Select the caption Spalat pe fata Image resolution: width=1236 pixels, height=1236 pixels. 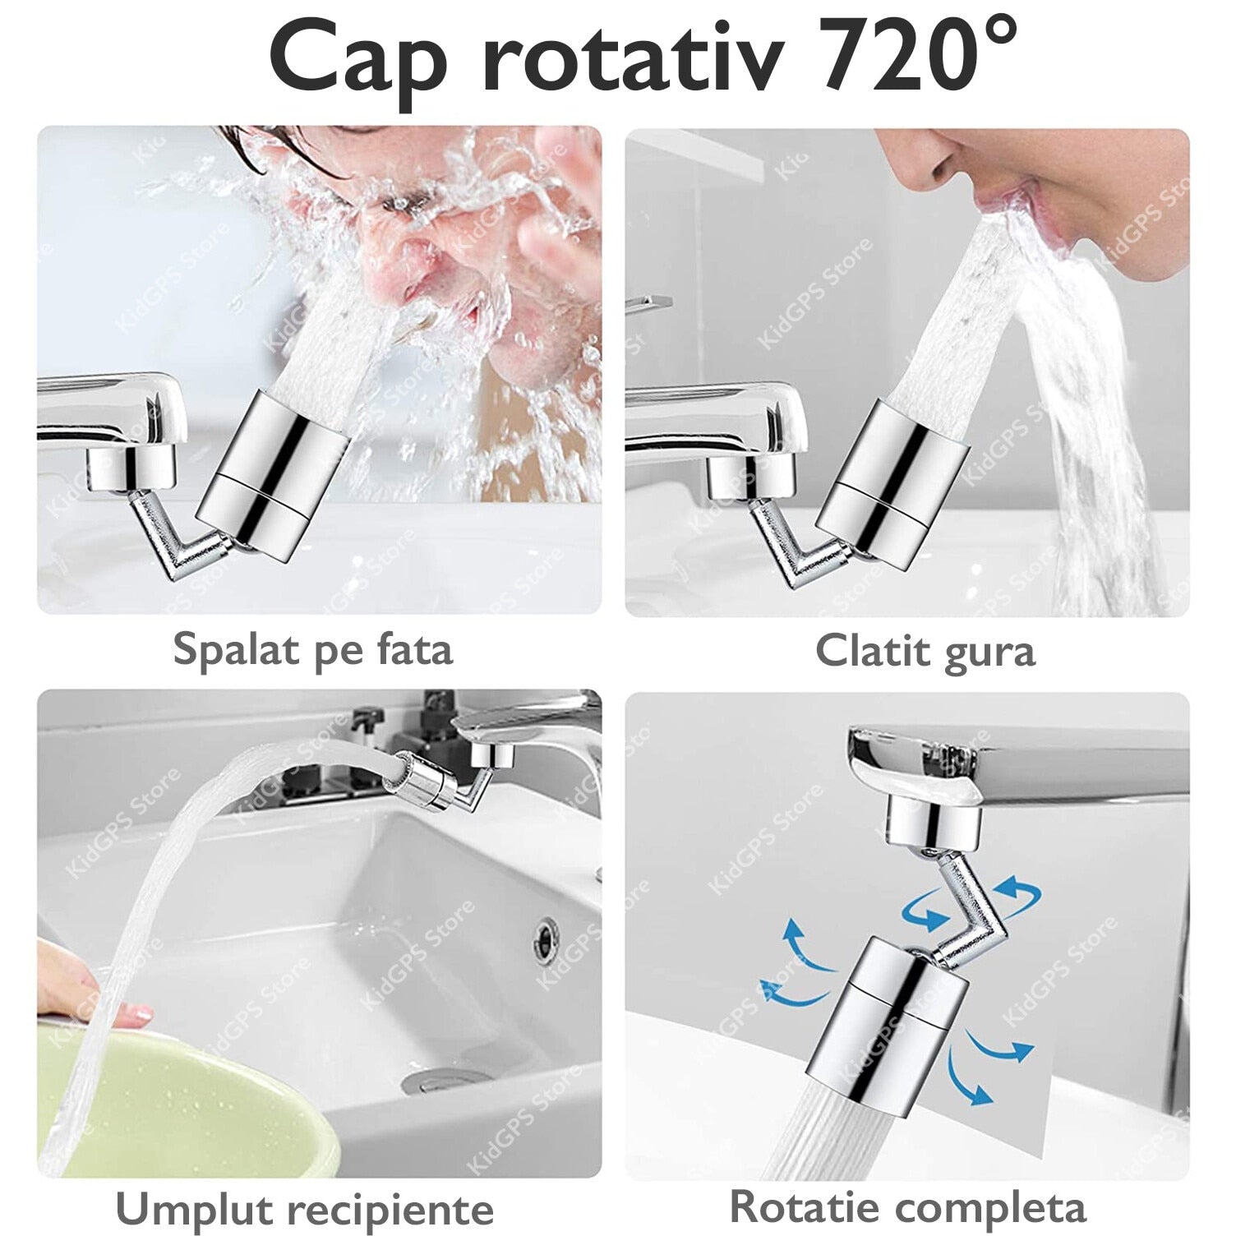(x=313, y=650)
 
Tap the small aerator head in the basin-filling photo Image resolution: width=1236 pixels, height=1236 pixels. (x=422, y=779)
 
